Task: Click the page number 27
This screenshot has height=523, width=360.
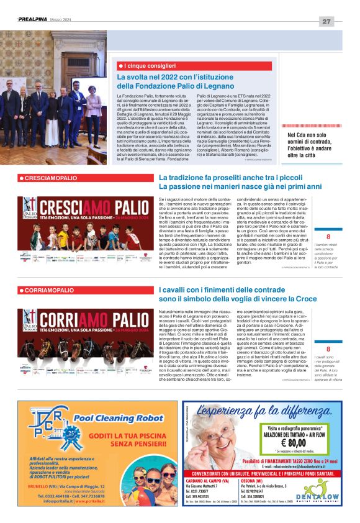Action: click(x=326, y=21)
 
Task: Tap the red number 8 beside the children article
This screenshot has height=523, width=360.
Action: click(x=328, y=237)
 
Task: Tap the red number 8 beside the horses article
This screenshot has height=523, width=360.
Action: click(x=328, y=350)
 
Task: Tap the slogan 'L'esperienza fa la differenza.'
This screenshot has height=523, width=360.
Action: click(x=263, y=411)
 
